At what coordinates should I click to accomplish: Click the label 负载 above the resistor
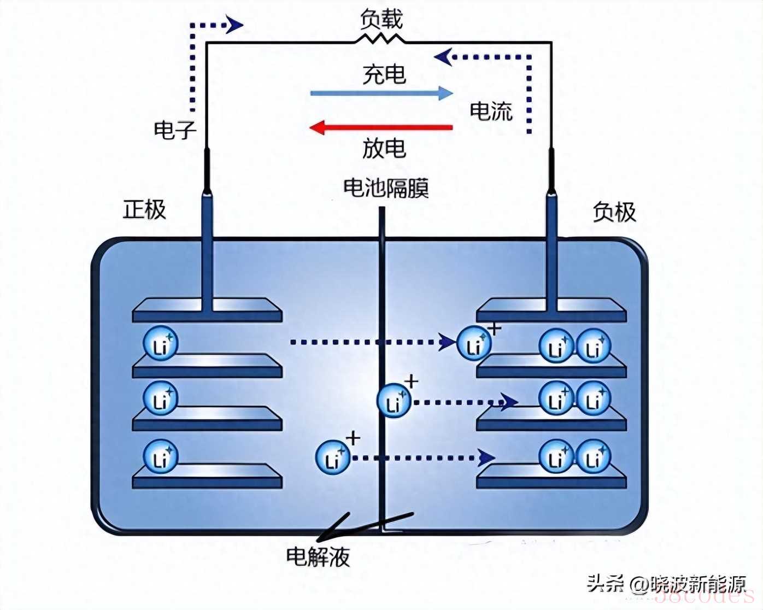tap(381, 19)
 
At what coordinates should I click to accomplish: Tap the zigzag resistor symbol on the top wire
tap(380, 39)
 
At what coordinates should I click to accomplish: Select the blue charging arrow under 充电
tap(381, 93)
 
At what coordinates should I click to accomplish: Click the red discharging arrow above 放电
tap(381, 128)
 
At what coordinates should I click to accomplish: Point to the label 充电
tap(384, 74)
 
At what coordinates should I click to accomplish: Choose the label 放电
tap(384, 148)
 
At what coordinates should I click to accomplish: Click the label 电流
tap(491, 111)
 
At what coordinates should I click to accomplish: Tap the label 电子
tap(174, 130)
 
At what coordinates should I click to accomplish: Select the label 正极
tap(144, 209)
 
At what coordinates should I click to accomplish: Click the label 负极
tap(614, 212)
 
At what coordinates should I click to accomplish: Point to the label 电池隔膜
tap(386, 188)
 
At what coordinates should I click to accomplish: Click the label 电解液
tap(318, 557)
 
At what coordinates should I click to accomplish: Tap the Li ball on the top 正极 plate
tap(161, 344)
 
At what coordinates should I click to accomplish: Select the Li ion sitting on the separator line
tap(394, 402)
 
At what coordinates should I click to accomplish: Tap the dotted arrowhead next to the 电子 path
tap(235, 25)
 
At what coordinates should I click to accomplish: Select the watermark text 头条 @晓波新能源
tap(666, 584)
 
